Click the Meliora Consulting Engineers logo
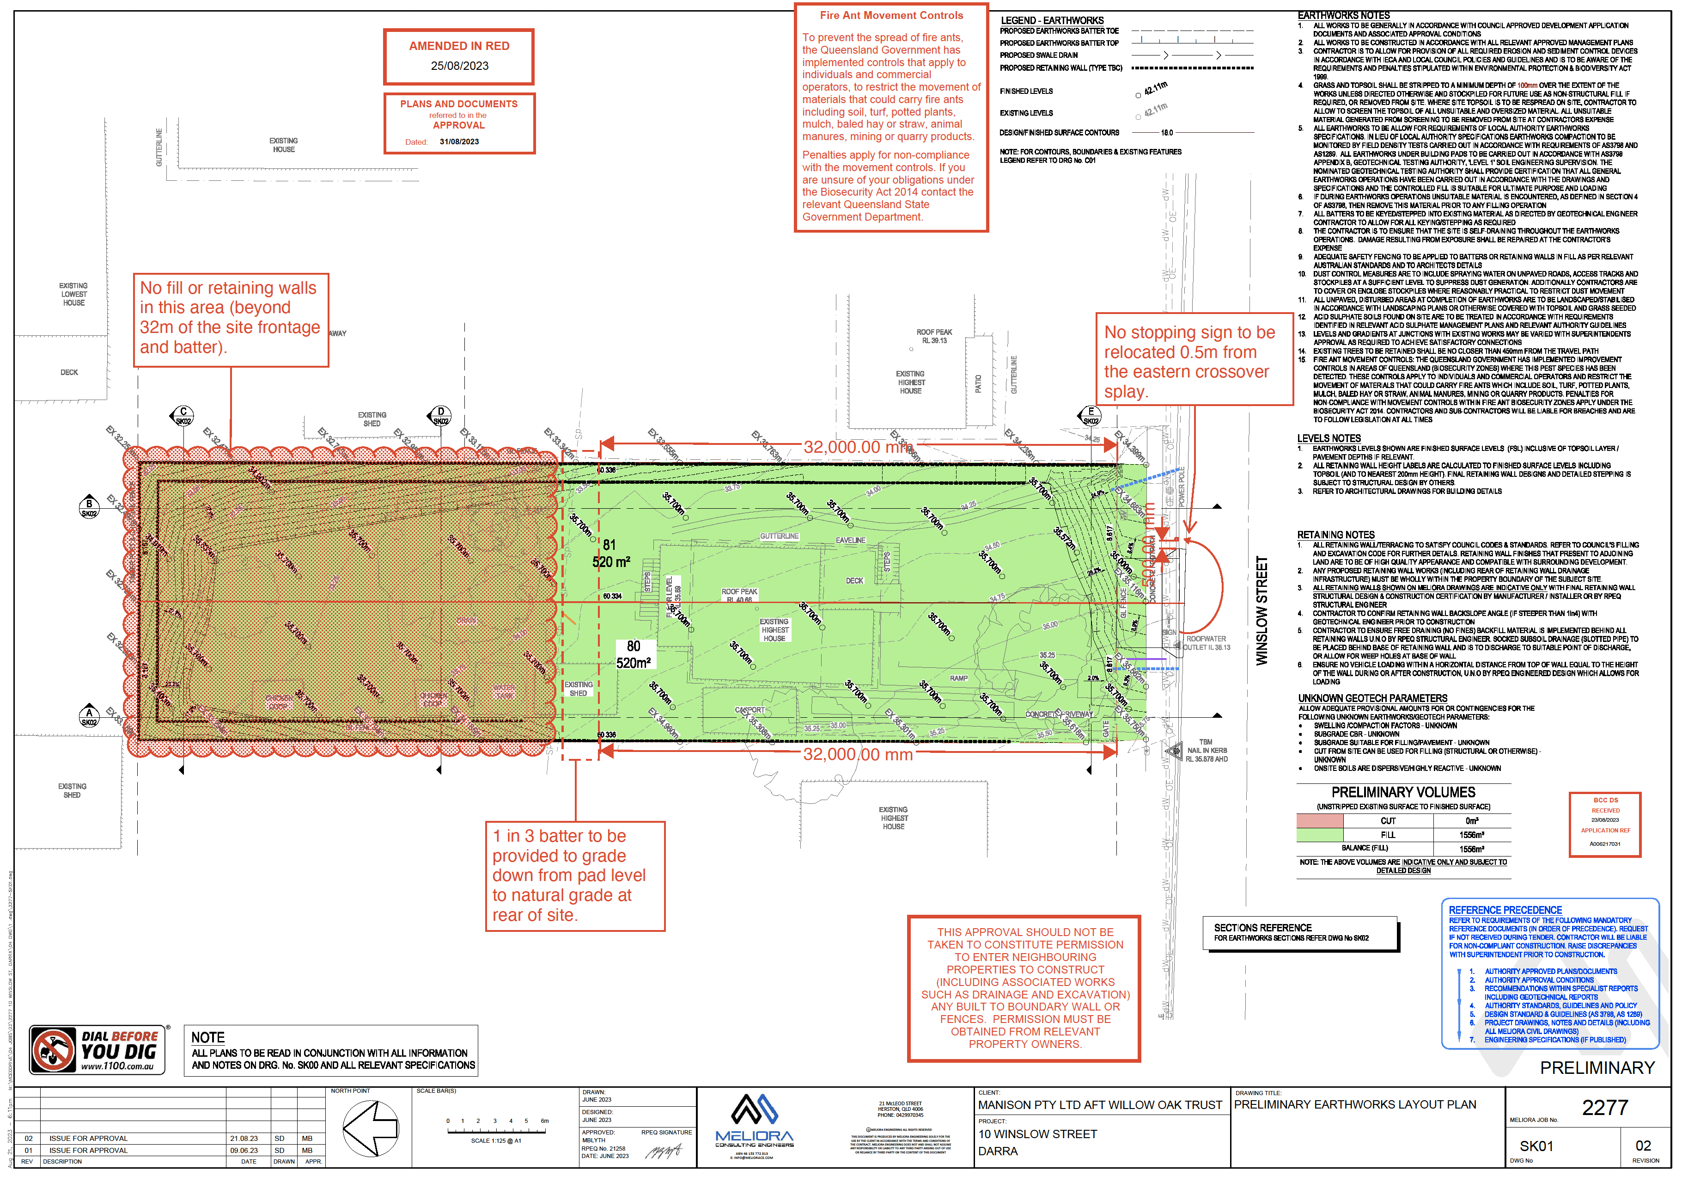point(755,1121)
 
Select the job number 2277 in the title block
point(1604,1108)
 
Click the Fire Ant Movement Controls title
point(891,15)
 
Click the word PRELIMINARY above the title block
point(1597,1068)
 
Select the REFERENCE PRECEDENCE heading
point(1505,910)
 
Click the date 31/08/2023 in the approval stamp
point(459,142)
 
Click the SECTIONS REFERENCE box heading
point(1263,928)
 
